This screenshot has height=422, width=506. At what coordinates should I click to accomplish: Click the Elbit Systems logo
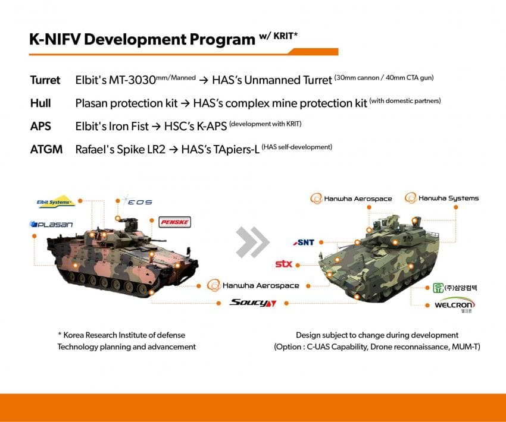click(x=55, y=203)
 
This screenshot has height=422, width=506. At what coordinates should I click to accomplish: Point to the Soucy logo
click(x=253, y=303)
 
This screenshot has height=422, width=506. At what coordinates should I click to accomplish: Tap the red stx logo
click(x=283, y=264)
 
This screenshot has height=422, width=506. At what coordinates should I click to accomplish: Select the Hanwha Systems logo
click(x=442, y=198)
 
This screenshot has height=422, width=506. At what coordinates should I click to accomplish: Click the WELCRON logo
click(x=451, y=306)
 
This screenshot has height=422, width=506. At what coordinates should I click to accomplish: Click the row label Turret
click(x=45, y=80)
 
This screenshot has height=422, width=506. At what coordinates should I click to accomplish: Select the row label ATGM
click(x=46, y=149)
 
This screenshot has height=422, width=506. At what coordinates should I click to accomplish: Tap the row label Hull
click(x=40, y=103)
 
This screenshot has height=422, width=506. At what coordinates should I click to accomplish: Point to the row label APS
click(x=40, y=126)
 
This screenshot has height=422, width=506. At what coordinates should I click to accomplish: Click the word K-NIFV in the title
click(x=57, y=39)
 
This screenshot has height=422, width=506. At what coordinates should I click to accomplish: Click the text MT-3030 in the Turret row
click(x=133, y=80)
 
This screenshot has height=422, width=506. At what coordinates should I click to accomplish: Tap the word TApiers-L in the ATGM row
click(x=233, y=149)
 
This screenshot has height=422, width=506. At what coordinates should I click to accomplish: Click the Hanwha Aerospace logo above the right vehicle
click(x=351, y=199)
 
